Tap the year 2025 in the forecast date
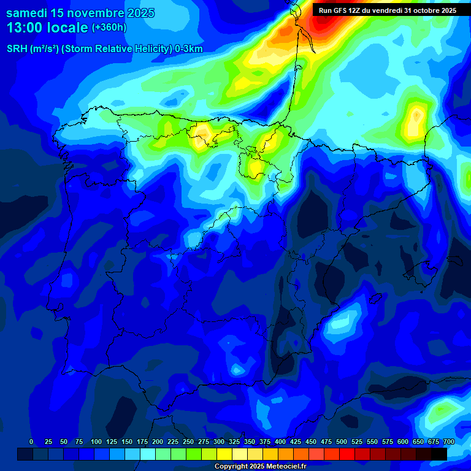pyautogui.click(x=136, y=13)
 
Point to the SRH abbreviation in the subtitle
pyautogui.click(x=17, y=49)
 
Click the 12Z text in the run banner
pyautogui.click(x=359, y=10)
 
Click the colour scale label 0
pyautogui.click(x=31, y=442)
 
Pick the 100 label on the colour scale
pyautogui.click(x=96, y=442)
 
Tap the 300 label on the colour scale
pyautogui.click(x=219, y=442)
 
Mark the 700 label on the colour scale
pyautogui.click(x=449, y=442)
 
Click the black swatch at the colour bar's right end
pyautogui.click(x=438, y=454)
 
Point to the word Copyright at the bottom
pyautogui.click(x=231, y=467)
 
